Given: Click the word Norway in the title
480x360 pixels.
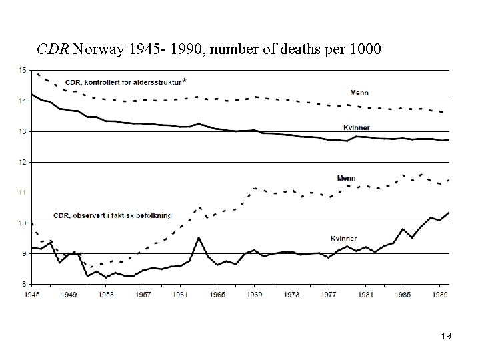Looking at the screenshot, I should point(93,49).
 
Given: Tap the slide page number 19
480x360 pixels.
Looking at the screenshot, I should point(446,336).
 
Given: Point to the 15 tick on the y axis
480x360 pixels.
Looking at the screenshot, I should point(22,70).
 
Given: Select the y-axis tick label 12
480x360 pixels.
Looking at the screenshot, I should point(22,162).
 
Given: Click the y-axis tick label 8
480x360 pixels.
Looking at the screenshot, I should point(23,284).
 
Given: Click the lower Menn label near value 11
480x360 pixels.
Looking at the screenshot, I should point(346,178).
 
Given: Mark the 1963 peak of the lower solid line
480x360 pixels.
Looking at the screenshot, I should point(199,237).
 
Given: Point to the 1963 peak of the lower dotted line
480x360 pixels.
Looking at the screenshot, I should point(199,207).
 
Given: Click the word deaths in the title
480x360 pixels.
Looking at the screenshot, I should point(284,49).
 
